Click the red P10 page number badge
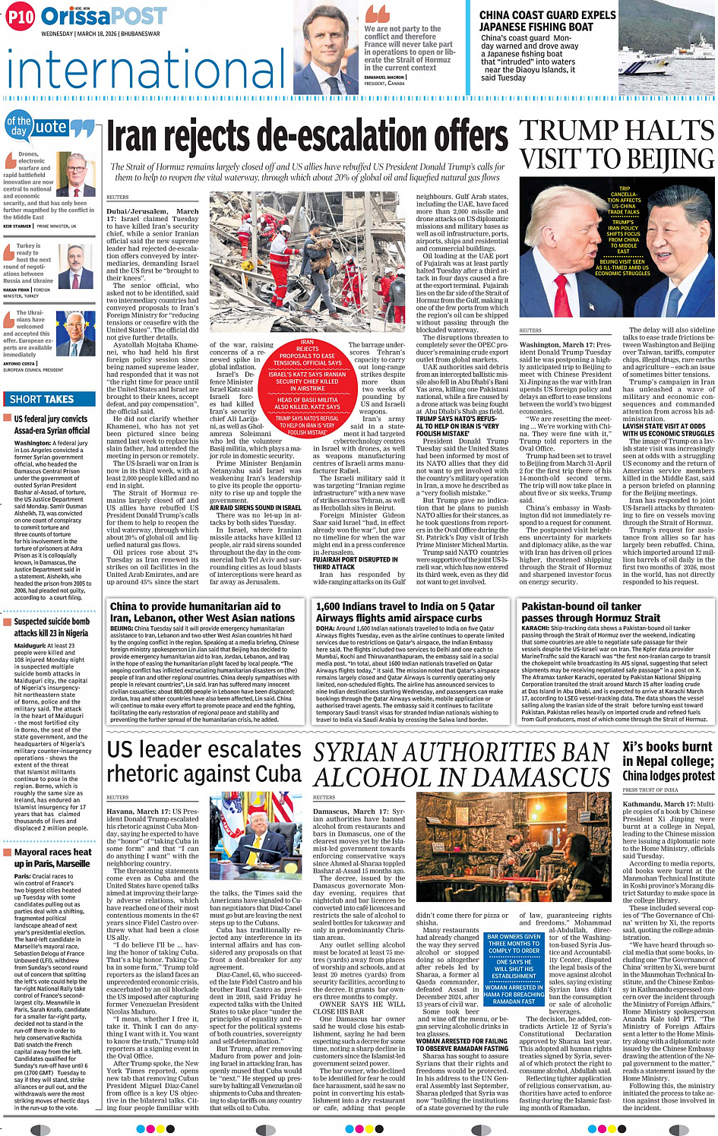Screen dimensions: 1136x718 click(21, 17)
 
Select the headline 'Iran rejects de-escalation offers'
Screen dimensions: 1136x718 click(307, 138)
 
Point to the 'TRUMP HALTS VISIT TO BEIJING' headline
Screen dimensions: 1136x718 click(617, 144)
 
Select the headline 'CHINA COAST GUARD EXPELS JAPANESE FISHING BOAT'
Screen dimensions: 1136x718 click(547, 21)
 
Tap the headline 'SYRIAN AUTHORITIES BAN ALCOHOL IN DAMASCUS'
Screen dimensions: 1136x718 click(462, 764)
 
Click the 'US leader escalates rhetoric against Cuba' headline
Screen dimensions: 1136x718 click(204, 761)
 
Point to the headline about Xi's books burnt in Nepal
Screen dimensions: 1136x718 click(668, 761)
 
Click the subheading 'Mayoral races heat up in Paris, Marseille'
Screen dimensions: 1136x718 click(52, 858)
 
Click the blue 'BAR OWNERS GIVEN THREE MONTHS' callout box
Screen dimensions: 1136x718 click(514, 969)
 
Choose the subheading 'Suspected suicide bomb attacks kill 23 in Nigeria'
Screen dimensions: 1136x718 click(51, 627)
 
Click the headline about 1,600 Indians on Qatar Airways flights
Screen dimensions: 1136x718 click(405, 612)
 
